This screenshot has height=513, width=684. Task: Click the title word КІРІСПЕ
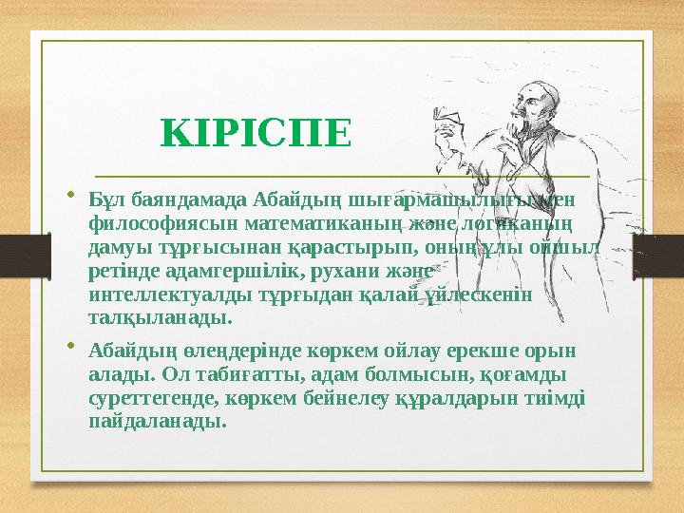click(256, 134)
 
